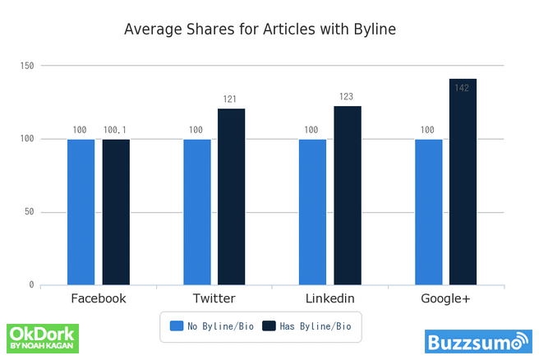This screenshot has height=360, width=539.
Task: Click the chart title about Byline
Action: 260,30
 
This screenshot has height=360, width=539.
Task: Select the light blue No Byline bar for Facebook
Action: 81,212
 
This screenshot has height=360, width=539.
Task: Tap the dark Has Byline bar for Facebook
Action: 116,212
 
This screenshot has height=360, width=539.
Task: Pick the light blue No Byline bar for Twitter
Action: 196,212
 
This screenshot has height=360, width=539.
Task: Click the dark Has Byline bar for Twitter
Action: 232,197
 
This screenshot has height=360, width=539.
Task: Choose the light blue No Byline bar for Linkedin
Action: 312,212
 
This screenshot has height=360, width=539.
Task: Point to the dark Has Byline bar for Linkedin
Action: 348,196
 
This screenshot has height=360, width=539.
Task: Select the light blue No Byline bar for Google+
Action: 428,212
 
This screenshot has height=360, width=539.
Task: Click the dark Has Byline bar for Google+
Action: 463,182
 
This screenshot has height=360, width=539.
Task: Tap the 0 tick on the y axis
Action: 31,285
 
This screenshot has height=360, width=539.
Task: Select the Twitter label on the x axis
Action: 214,298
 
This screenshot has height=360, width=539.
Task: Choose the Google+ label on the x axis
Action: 445,298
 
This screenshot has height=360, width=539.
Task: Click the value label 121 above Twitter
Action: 230,99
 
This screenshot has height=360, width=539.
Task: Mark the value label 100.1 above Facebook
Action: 116,130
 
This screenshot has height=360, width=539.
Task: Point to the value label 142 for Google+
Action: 462,88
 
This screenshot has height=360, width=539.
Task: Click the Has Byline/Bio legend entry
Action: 306,326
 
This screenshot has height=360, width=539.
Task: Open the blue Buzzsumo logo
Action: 478,341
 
